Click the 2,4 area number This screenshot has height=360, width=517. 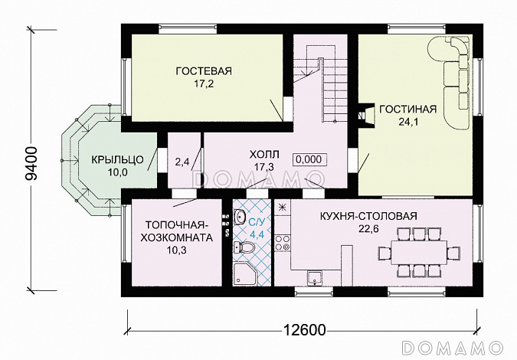[x=182, y=162]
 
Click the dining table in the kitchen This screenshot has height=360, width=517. [x=421, y=251]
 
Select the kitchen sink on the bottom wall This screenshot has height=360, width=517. [x=315, y=277]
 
